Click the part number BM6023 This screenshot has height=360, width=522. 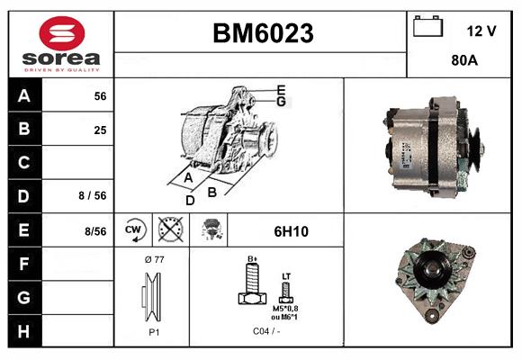pyautogui.click(x=262, y=33)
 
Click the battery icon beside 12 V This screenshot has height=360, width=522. pyautogui.click(x=426, y=27)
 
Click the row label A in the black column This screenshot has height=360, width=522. pyautogui.click(x=24, y=95)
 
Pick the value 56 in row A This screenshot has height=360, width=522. pyautogui.click(x=100, y=96)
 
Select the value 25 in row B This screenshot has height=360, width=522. pyautogui.click(x=100, y=130)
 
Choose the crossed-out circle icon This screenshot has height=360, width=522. pyautogui.click(x=170, y=230)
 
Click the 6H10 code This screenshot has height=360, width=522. pyautogui.click(x=291, y=231)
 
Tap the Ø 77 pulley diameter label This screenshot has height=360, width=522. pyautogui.click(x=153, y=260)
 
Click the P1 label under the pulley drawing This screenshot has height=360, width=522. pyautogui.click(x=154, y=330)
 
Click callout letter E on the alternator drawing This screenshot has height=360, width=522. pyautogui.click(x=282, y=90)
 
